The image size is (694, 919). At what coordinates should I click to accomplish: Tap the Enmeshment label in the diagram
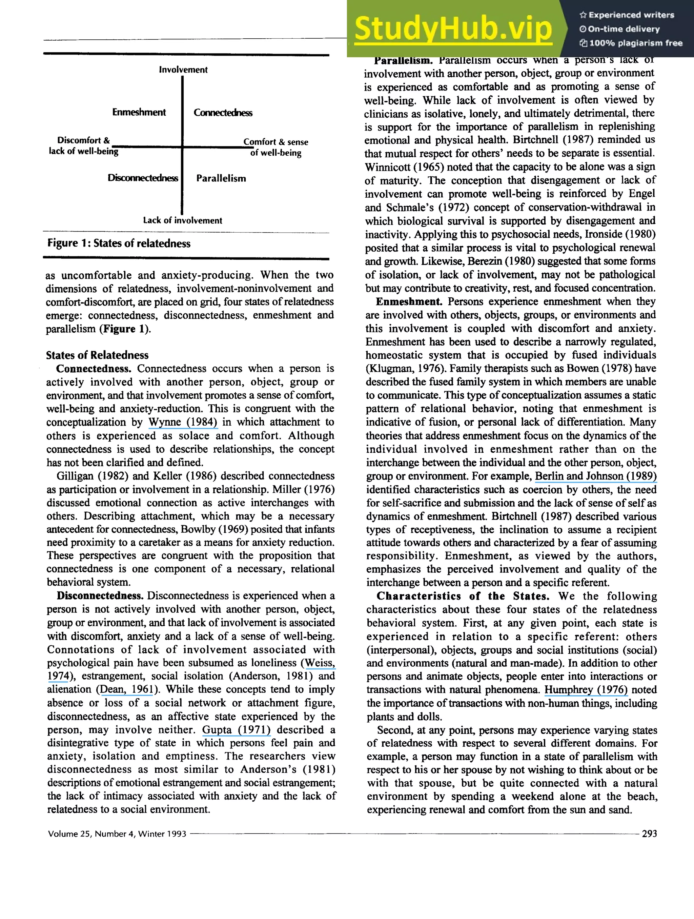pos(139,112)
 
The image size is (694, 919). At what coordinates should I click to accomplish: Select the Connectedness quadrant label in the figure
pos(223,113)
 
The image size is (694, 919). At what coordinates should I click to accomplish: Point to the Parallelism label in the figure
pos(221,178)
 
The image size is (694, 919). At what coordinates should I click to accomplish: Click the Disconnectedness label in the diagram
pos(143,178)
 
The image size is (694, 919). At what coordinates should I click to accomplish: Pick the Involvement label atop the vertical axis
pos(183,70)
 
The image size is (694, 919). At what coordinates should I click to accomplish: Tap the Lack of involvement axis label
pos(182,220)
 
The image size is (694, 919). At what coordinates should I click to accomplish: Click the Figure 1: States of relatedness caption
pos(119,243)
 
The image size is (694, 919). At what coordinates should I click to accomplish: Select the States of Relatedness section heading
pos(97,355)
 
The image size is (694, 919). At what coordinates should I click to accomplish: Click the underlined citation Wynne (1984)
pos(183,422)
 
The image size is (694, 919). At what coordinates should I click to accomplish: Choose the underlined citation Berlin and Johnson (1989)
pos(596,476)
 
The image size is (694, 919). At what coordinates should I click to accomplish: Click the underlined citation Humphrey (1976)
pos(586,690)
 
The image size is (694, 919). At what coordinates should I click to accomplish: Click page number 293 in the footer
pos(649,834)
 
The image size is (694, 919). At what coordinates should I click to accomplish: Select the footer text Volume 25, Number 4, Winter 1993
pos(117,834)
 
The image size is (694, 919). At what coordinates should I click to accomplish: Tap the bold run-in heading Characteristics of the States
pos(463,596)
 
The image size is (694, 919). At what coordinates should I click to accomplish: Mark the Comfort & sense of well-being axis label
pos(275,147)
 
